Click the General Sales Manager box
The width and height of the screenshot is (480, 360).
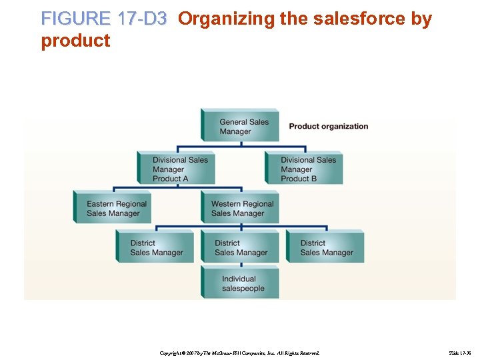pos(241,126)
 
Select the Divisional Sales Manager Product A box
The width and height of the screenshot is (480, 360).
pos(177,169)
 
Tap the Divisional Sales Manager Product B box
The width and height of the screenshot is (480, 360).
pos(305,169)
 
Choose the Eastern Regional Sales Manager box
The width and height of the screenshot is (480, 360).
pos(113,208)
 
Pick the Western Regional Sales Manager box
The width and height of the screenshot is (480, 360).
pos(241,208)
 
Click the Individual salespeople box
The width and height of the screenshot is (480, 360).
pos(241,283)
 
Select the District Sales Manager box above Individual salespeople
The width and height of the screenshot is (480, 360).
pos(241,247)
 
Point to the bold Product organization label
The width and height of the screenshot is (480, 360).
pos(328,126)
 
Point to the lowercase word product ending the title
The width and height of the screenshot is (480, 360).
pos(75,41)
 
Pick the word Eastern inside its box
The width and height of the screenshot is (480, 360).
pos(101,204)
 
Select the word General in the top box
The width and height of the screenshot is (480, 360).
pos(234,122)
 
